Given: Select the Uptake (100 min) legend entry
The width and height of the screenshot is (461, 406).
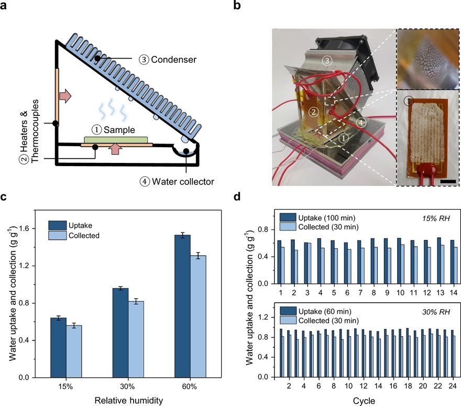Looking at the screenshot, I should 320,216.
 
